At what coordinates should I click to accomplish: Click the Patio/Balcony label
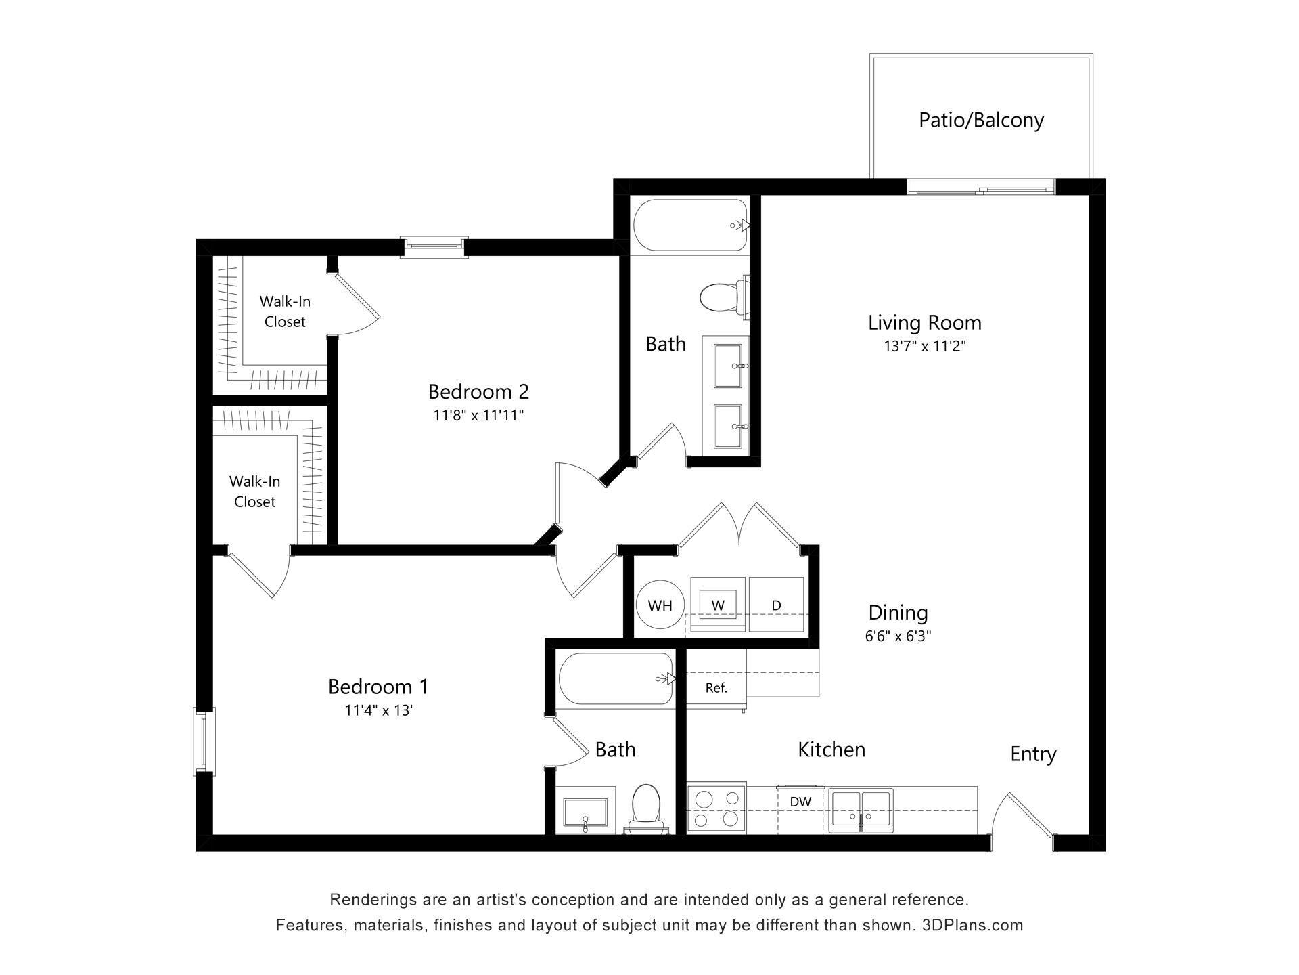click(980, 120)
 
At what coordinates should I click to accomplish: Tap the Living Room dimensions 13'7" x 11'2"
click(924, 346)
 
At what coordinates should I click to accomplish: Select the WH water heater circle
click(660, 605)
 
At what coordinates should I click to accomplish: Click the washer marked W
click(718, 604)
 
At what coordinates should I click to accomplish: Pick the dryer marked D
click(776, 604)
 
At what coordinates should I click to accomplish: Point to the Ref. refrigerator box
click(716, 688)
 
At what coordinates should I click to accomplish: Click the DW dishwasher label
click(800, 802)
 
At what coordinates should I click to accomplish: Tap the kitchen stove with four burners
click(716, 810)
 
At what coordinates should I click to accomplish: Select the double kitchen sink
click(861, 810)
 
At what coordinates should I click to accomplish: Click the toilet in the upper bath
click(719, 297)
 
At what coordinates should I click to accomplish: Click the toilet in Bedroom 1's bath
click(645, 806)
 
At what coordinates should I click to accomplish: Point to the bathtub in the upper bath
click(690, 225)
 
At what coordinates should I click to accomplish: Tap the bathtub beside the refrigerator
click(615, 678)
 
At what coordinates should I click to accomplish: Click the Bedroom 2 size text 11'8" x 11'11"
click(478, 415)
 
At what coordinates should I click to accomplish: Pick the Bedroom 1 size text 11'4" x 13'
click(378, 710)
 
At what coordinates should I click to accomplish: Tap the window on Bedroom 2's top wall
click(434, 247)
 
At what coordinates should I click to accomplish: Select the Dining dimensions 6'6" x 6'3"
click(898, 636)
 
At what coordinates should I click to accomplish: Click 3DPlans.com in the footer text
click(972, 925)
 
